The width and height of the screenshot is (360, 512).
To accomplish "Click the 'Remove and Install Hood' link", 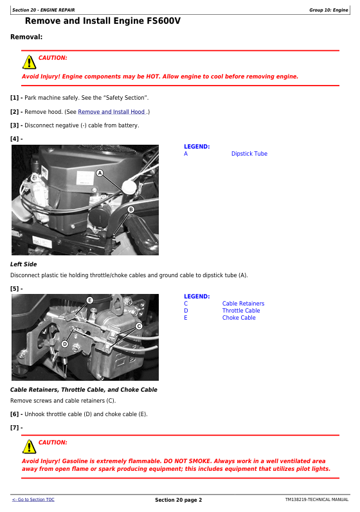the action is click(111, 112).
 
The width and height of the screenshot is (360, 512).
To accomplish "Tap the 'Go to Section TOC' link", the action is click(33, 499).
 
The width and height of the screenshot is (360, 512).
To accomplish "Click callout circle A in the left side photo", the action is click(100, 173).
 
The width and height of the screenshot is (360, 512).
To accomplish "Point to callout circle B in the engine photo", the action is click(131, 209).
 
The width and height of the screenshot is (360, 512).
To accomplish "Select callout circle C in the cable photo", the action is click(139, 326).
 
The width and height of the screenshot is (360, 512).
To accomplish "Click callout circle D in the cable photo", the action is click(65, 344).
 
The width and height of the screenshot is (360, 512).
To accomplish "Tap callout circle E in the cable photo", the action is click(90, 300).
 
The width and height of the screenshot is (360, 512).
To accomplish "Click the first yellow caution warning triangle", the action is click(30, 62).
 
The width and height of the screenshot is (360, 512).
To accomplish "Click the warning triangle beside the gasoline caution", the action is click(30, 446).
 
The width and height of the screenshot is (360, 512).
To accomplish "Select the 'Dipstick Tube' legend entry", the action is click(249, 154).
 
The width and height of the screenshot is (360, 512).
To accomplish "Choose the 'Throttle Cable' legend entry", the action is click(241, 311).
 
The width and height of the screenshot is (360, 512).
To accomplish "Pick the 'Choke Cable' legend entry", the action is click(239, 318).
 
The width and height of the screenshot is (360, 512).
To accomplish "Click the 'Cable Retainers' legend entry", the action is click(243, 304).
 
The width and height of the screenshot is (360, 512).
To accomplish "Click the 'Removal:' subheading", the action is click(26, 37).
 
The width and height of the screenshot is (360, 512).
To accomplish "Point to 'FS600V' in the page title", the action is click(163, 21).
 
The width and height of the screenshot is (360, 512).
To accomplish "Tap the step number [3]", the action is click(14, 125).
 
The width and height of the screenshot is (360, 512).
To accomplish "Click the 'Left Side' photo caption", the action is click(24, 264).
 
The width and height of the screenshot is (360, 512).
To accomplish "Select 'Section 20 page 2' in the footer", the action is click(179, 500).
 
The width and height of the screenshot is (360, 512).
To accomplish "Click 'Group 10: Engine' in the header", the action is click(328, 10).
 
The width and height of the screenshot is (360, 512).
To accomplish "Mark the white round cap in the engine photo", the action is click(129, 187).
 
